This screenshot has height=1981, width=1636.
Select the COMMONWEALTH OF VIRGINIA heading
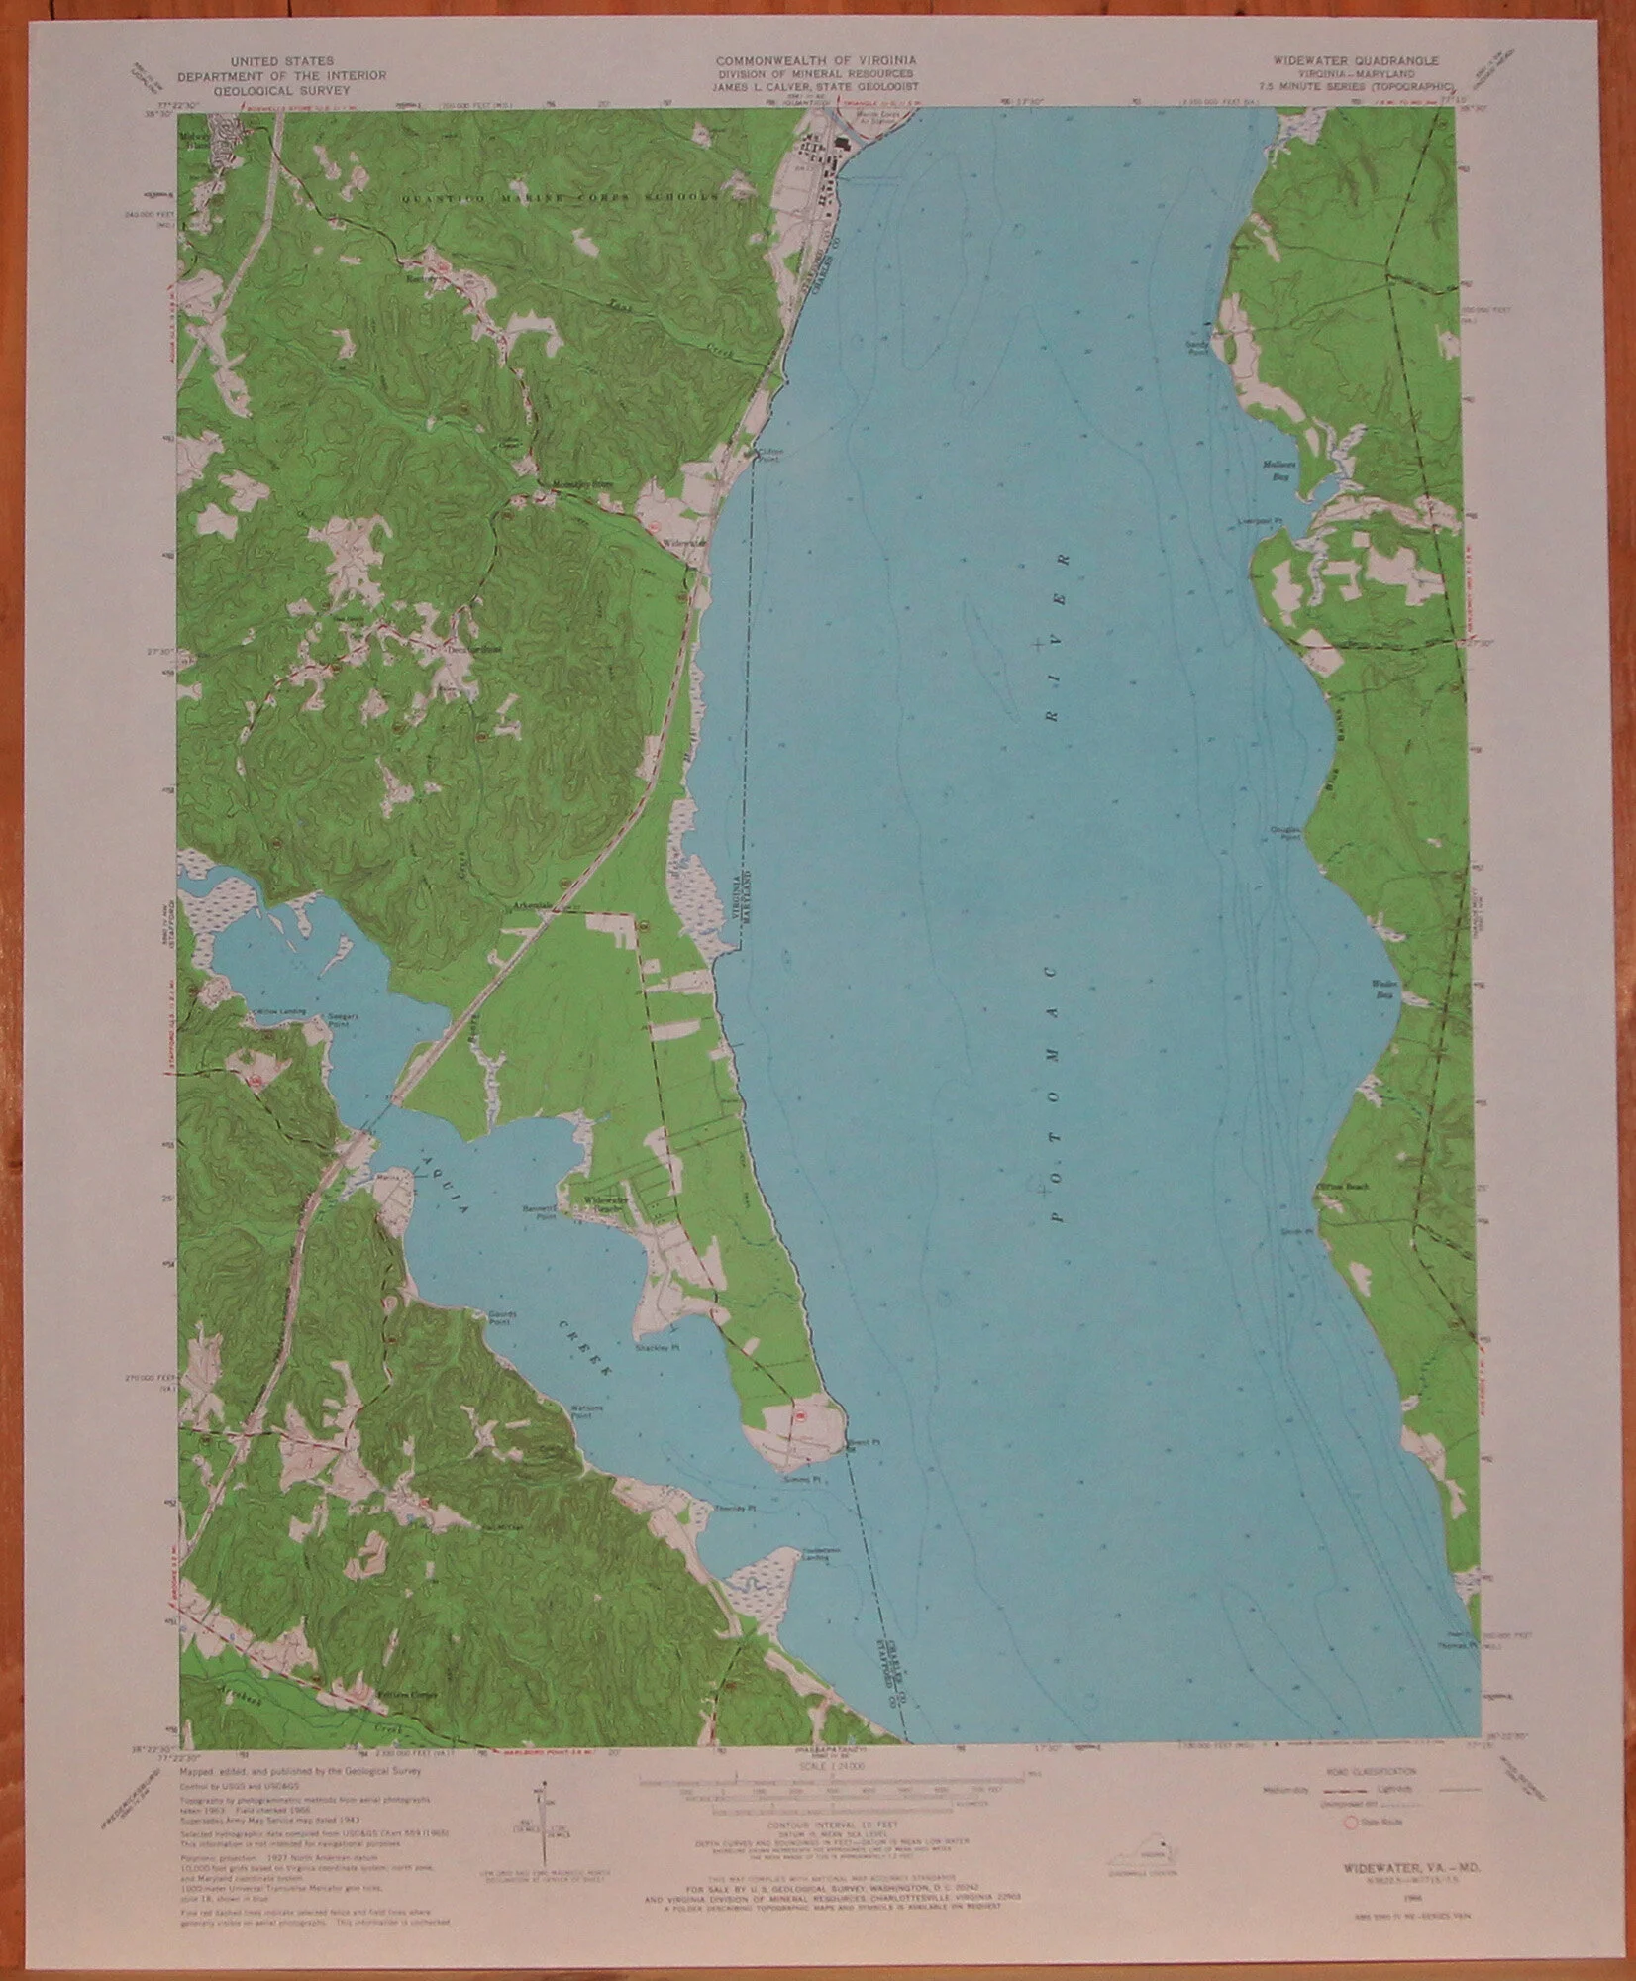(x=816, y=60)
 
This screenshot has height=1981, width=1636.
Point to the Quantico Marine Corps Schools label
(x=559, y=197)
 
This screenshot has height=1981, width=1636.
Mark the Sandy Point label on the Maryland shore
(x=1199, y=341)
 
